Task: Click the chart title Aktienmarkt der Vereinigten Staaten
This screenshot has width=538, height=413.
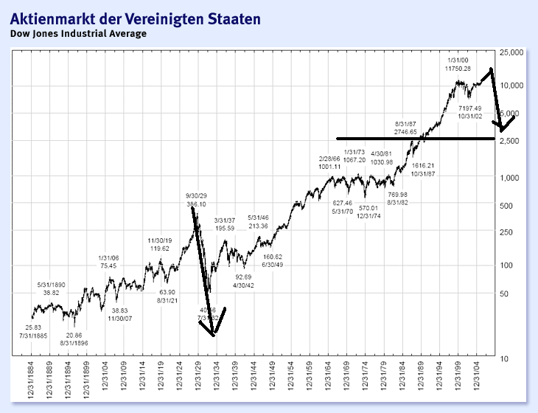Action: coord(135,18)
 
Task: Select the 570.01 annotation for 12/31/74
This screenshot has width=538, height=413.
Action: coord(368,208)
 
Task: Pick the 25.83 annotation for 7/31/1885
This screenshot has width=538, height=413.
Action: coord(33,327)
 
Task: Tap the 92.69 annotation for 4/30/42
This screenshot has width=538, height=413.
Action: coord(243,277)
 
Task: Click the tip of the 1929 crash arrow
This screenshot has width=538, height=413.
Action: coord(214,336)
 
